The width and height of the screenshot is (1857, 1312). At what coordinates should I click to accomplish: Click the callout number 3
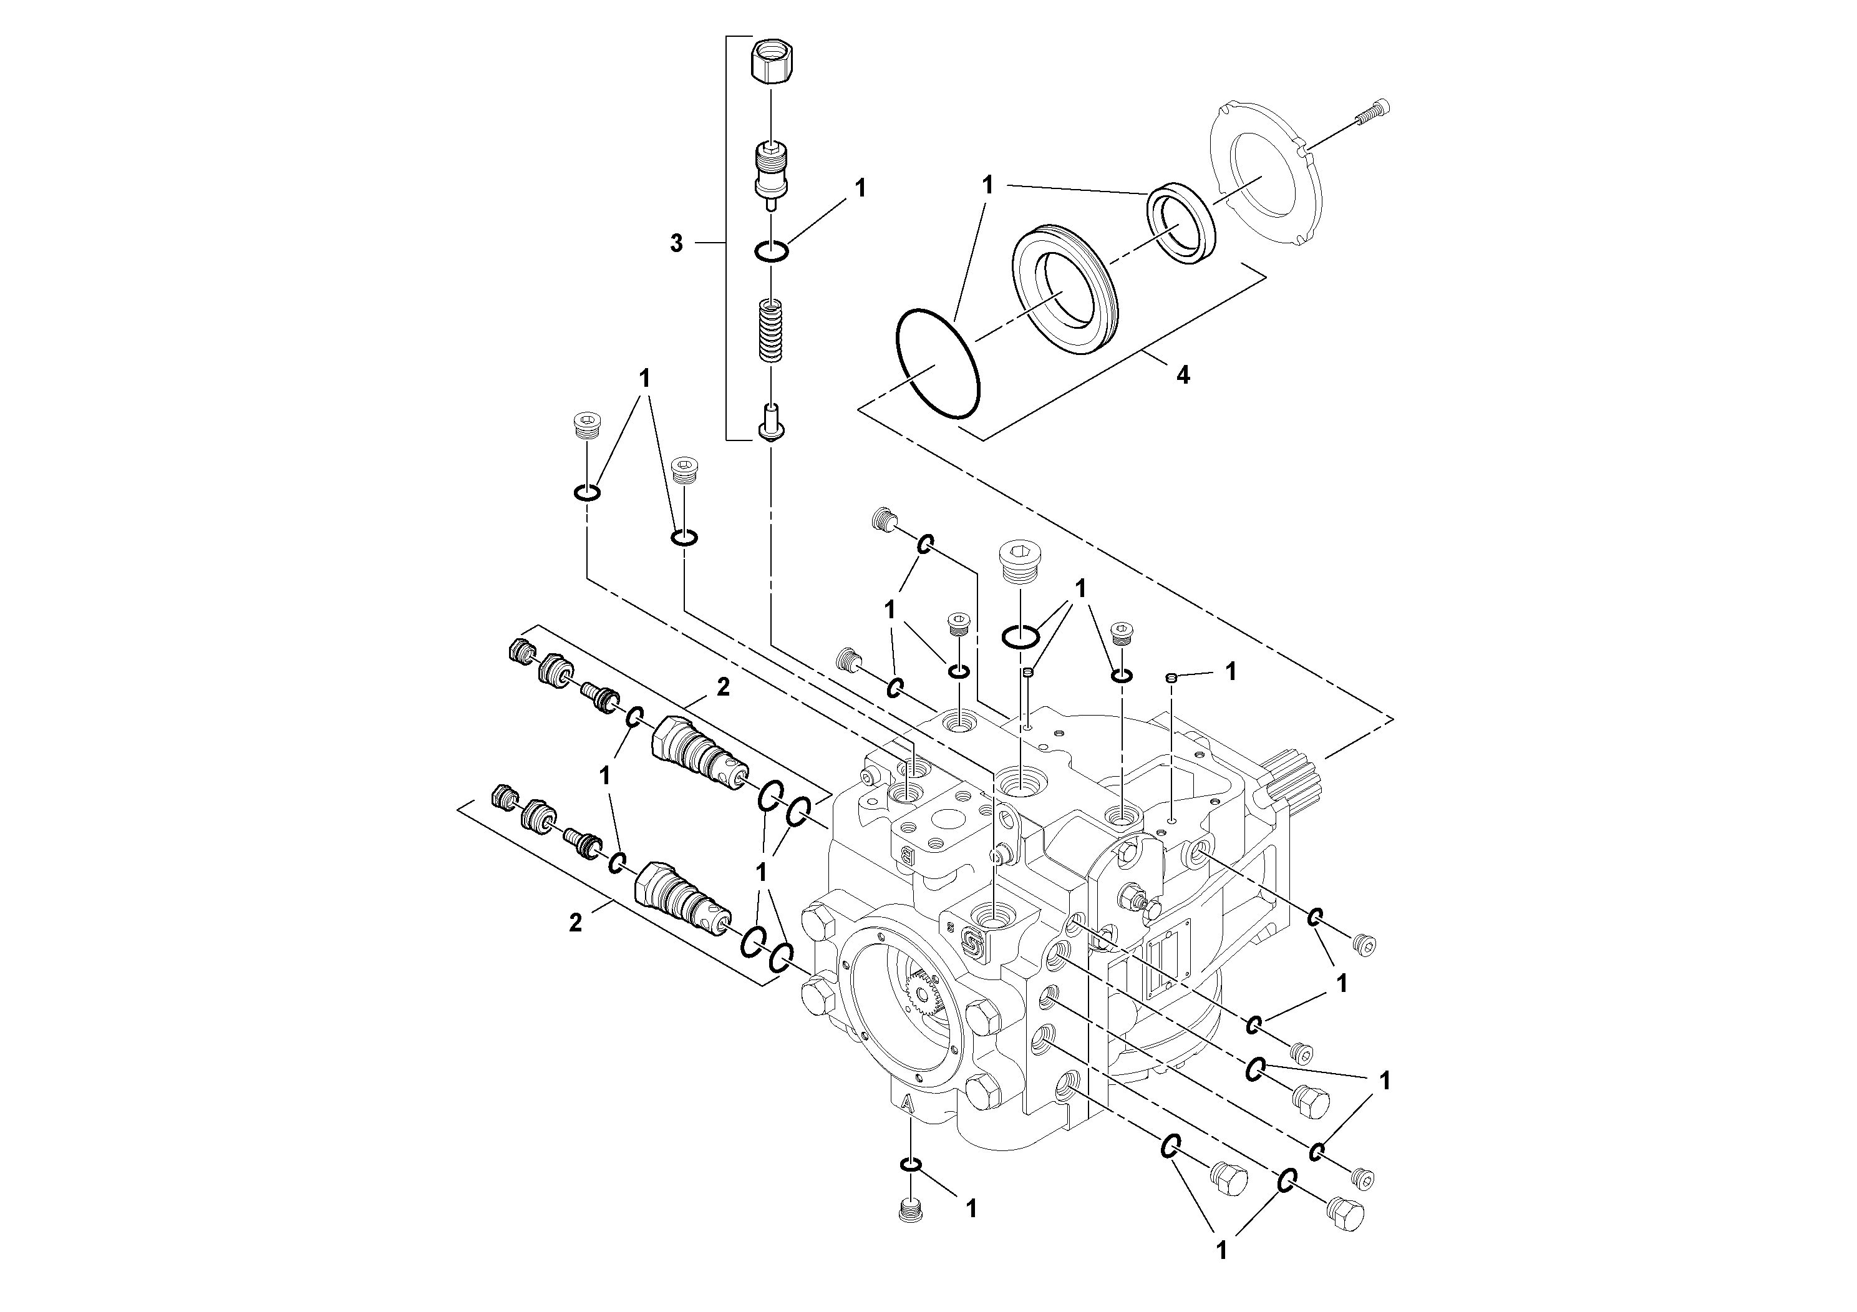click(x=676, y=243)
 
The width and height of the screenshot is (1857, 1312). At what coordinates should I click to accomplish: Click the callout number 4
click(x=1183, y=374)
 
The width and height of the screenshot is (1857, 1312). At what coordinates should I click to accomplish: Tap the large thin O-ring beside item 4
click(x=938, y=363)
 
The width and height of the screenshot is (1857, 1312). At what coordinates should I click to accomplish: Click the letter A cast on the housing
click(x=908, y=1104)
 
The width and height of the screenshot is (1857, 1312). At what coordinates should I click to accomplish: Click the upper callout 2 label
click(x=723, y=687)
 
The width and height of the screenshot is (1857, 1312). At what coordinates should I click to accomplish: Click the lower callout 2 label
click(x=575, y=922)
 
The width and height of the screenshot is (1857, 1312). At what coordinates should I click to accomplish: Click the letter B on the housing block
click(x=906, y=854)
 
